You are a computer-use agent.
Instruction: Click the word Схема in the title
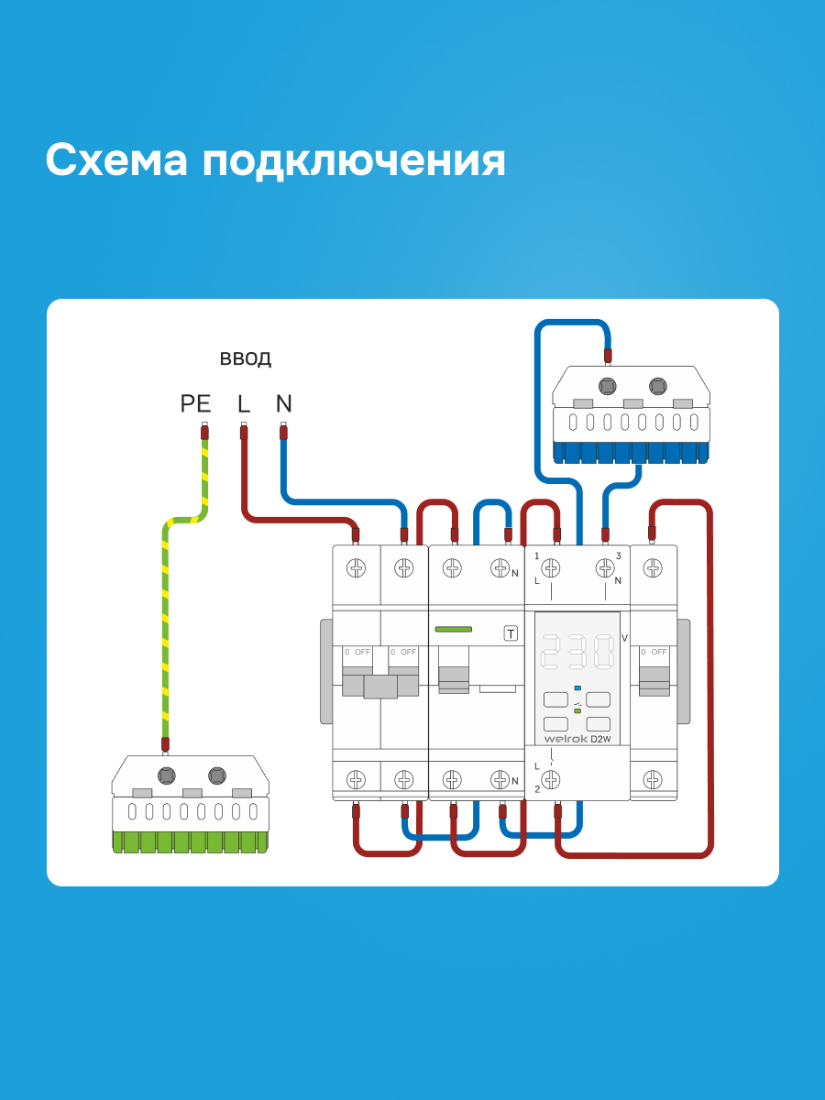tap(116, 160)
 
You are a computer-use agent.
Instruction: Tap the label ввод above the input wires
tap(246, 358)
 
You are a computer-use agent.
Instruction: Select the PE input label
tap(195, 403)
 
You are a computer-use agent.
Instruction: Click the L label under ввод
tap(244, 403)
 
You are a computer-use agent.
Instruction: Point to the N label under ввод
tap(283, 403)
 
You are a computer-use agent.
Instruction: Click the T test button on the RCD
tap(511, 634)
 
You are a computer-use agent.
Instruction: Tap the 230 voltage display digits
tap(577, 652)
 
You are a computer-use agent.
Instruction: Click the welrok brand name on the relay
tap(566, 739)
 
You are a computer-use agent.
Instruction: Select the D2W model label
tap(600, 739)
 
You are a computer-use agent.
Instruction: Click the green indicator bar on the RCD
tap(454, 629)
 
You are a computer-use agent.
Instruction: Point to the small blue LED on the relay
tap(577, 687)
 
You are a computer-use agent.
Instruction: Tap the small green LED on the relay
tap(577, 710)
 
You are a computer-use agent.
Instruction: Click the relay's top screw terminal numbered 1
tap(551, 568)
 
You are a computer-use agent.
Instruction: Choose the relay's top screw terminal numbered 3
tap(605, 568)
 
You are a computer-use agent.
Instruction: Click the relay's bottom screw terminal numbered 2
tap(551, 780)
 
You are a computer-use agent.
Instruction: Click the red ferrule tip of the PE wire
tap(204, 432)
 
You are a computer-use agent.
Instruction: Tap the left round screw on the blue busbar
tap(607, 387)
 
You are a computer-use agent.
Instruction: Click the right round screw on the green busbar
tap(217, 775)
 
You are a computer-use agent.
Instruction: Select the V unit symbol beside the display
tap(624, 638)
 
